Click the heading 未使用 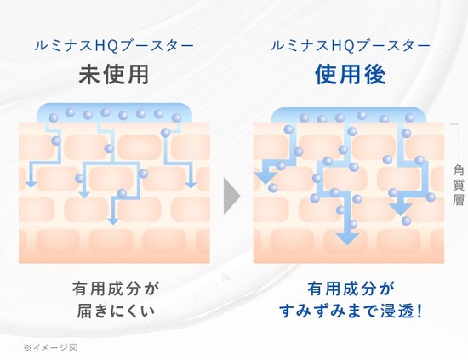[x=114, y=75]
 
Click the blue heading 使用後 [x=351, y=75]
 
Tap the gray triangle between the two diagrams [x=232, y=197]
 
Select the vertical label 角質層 [x=458, y=185]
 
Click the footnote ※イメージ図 [x=50, y=348]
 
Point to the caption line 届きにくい [x=116, y=311]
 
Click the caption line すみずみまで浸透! [x=351, y=311]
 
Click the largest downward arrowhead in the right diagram [x=347, y=239]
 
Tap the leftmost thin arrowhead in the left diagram [x=31, y=185]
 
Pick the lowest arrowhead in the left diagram [x=113, y=221]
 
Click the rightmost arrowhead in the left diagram [x=191, y=185]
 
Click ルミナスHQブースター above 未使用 [x=114, y=46]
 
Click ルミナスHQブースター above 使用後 [x=351, y=46]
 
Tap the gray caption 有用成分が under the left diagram [x=116, y=289]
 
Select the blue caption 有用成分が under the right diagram [x=351, y=289]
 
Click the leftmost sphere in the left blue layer [x=54, y=117]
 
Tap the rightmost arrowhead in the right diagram [x=401, y=210]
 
